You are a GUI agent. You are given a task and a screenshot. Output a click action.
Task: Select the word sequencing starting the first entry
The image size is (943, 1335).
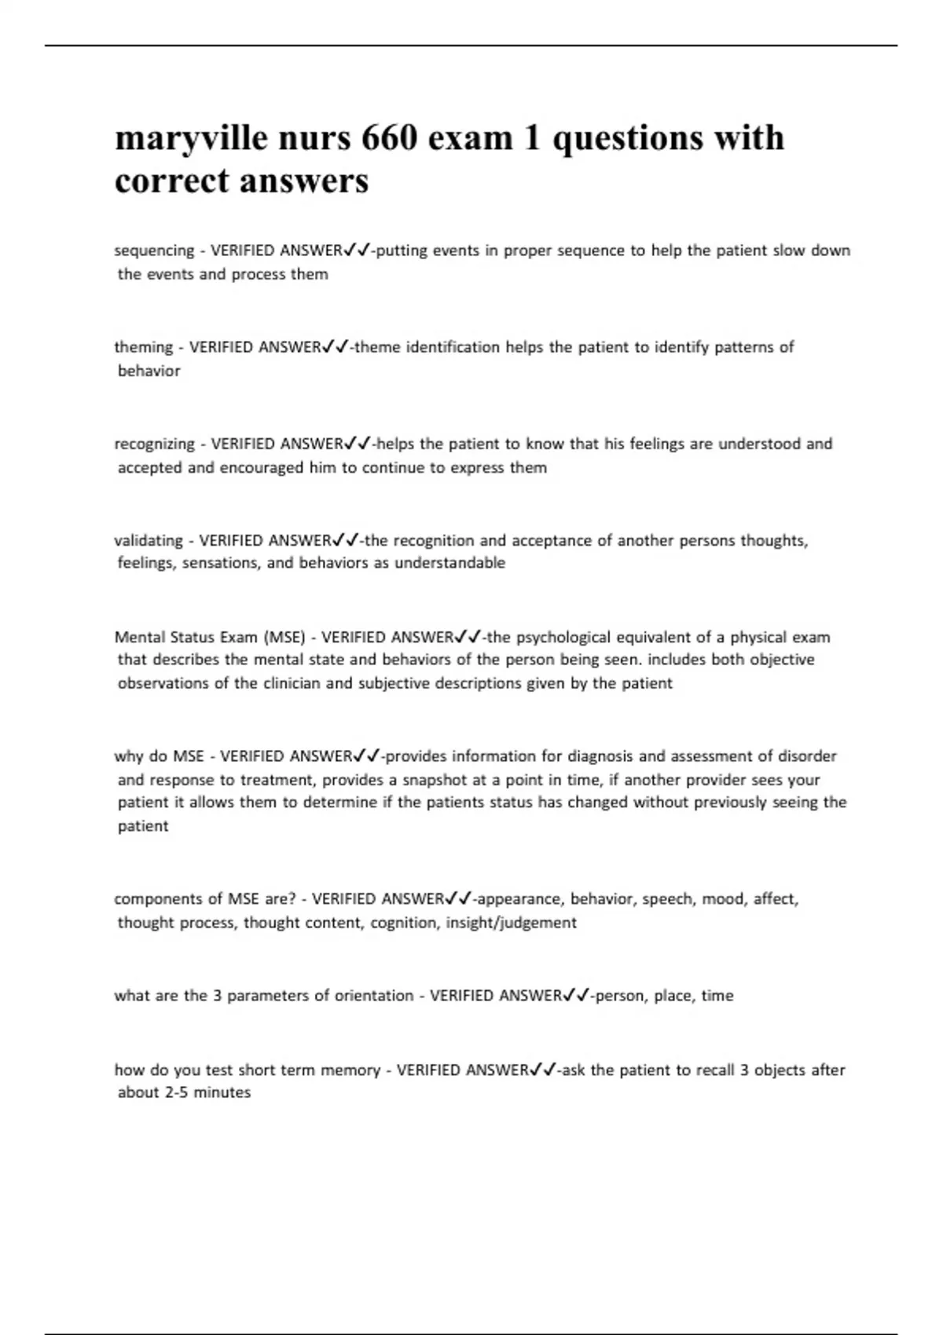point(154,251)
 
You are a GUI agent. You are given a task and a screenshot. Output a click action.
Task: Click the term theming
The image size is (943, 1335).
point(143,347)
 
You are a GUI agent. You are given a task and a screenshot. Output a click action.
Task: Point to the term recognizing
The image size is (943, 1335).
point(154,444)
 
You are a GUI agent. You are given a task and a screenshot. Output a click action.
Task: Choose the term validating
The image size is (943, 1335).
point(149,540)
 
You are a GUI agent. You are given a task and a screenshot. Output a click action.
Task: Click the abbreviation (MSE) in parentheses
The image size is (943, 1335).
point(284,637)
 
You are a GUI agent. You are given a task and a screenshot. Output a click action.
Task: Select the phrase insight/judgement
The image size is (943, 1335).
point(511,922)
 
